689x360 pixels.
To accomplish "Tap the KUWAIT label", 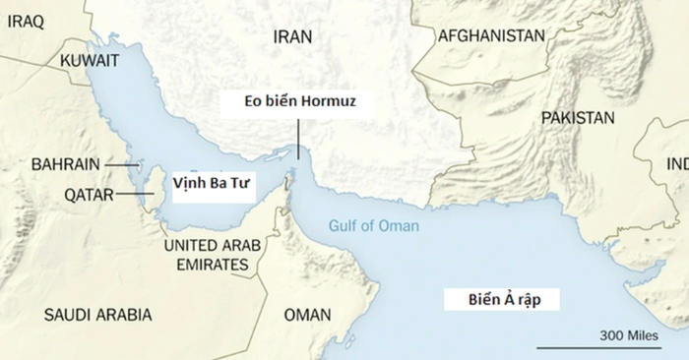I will coord(90,61).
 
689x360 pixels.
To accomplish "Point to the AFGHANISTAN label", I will coord(491,35).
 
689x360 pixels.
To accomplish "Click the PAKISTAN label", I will coord(577,117).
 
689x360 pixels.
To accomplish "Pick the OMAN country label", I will coord(307,315).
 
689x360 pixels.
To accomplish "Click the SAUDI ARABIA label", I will coord(98,315).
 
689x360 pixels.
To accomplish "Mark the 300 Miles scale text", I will coord(628,336).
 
